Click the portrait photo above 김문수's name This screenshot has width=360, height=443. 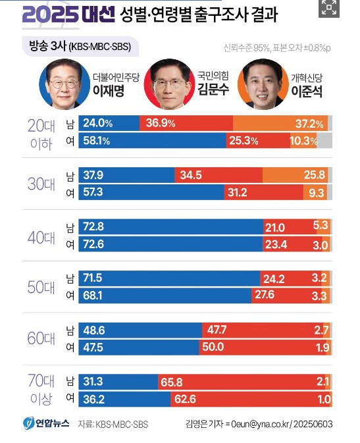[x=169, y=84]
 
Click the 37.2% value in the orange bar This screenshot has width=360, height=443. [x=309, y=124]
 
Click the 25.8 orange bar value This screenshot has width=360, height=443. [x=313, y=174]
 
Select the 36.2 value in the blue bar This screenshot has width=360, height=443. [x=95, y=399]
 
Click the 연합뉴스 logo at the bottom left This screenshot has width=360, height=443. [x=43, y=423]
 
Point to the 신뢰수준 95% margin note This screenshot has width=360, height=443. [x=251, y=47]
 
